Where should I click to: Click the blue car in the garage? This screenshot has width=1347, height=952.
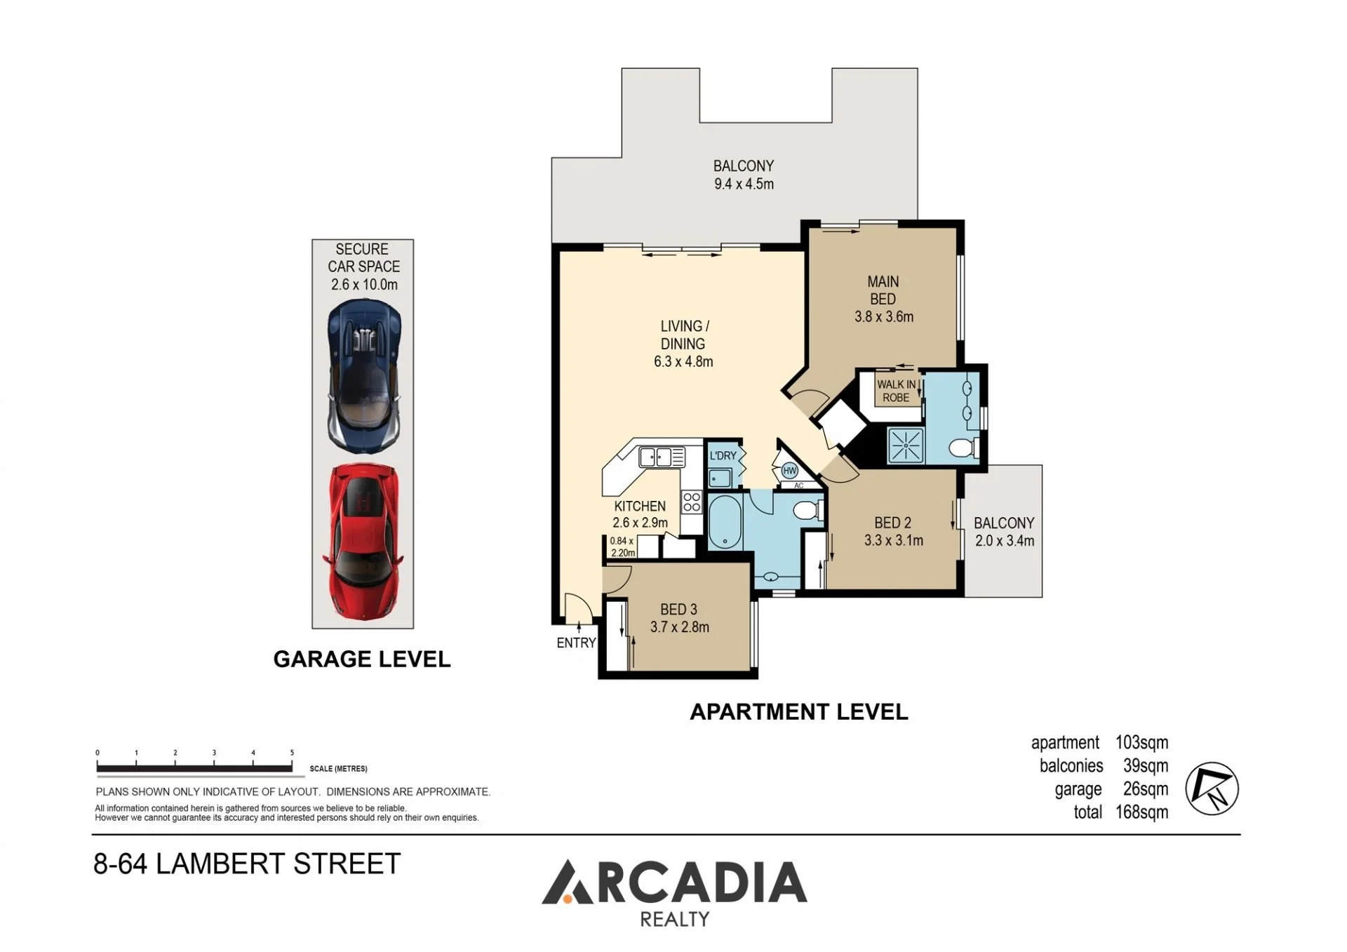click(364, 376)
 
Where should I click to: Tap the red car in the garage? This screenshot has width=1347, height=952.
click(363, 542)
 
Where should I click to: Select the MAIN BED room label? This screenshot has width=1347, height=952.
click(883, 290)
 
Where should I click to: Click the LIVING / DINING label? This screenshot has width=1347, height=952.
click(684, 335)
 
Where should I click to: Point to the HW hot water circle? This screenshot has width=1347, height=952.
click(790, 471)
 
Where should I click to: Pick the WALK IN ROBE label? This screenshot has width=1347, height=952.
click(896, 391)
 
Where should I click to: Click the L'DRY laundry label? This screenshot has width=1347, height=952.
click(723, 455)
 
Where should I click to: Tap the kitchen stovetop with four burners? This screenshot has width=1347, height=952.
click(692, 502)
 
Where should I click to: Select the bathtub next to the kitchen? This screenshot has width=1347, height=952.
click(725, 523)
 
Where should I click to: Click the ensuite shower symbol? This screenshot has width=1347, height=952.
click(906, 445)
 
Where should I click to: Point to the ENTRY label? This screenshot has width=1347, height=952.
click(576, 643)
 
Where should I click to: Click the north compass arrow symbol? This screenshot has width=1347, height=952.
click(1212, 789)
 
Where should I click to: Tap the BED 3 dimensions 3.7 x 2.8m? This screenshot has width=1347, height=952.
click(680, 627)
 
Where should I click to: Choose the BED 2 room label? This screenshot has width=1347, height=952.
click(893, 523)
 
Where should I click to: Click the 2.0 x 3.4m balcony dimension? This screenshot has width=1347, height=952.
click(1005, 541)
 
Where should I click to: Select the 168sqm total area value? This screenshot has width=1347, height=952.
click(1142, 812)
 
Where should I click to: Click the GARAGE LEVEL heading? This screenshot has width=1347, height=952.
click(362, 659)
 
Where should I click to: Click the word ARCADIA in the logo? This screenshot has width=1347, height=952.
click(675, 882)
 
